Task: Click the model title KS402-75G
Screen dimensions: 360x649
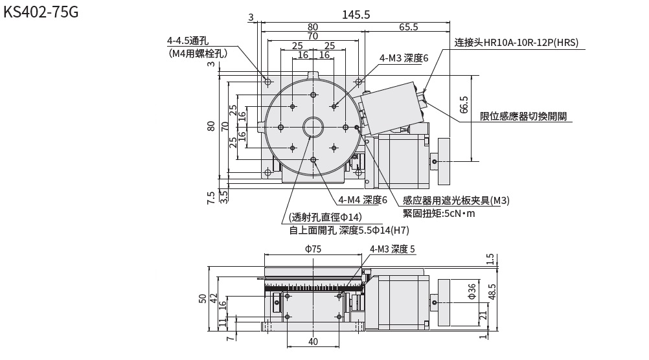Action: pyautogui.click(x=41, y=12)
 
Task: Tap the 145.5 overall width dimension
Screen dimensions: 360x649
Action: pyautogui.click(x=356, y=15)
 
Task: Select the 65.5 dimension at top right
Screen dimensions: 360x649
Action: pyautogui.click(x=408, y=27)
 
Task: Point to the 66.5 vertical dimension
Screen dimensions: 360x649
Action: pyautogui.click(x=463, y=105)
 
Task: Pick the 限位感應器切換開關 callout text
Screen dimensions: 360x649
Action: pyautogui.click(x=523, y=117)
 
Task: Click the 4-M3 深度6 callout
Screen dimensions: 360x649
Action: pyautogui.click(x=404, y=58)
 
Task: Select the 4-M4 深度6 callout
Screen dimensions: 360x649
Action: pyautogui.click(x=362, y=200)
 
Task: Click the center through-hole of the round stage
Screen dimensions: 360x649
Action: pyautogui.click(x=313, y=126)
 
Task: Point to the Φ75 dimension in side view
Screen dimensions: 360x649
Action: pyautogui.click(x=313, y=249)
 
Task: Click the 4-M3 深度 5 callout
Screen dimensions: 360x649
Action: pyautogui.click(x=393, y=249)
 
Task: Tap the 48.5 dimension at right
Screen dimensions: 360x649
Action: pyautogui.click(x=492, y=292)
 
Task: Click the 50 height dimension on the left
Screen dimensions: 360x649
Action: pyautogui.click(x=202, y=298)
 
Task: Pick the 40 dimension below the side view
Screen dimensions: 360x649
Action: pyautogui.click(x=313, y=341)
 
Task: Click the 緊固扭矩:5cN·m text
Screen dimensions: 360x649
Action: pyautogui.click(x=438, y=214)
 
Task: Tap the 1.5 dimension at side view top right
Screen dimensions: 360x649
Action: pyautogui.click(x=491, y=258)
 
